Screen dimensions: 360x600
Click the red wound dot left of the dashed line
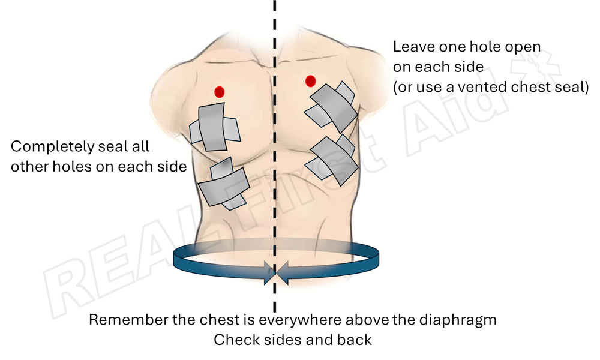(219, 92)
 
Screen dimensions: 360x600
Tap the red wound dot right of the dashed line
(310, 81)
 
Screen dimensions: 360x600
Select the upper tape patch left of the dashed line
(214, 127)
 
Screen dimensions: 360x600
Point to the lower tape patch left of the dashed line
(223, 184)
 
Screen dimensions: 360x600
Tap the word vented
(490, 87)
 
